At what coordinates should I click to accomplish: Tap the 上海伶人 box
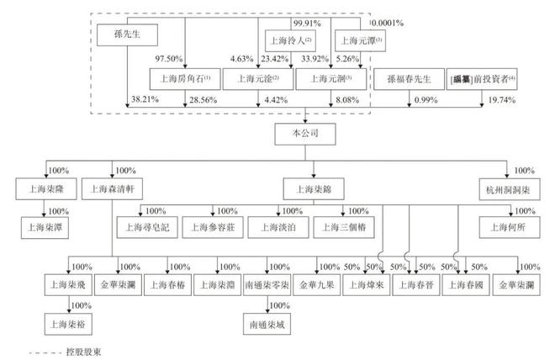click(288, 40)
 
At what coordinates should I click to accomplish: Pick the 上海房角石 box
click(184, 80)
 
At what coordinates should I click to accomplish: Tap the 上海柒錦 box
click(307, 188)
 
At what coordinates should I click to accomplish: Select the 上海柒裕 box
click(69, 322)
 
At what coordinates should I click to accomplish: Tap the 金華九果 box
click(317, 285)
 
